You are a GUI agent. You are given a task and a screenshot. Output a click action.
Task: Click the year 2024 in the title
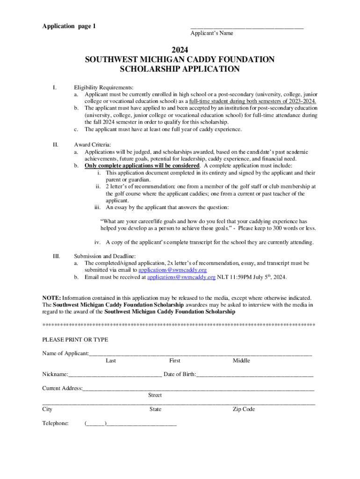pos(180,49)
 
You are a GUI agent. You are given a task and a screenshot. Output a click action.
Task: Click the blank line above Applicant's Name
pos(246,28)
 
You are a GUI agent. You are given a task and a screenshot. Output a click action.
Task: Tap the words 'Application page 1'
pos(69,26)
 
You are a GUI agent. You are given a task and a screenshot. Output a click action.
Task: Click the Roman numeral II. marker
pos(55,145)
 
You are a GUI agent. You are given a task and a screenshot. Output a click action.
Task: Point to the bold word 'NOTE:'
pos(51,298)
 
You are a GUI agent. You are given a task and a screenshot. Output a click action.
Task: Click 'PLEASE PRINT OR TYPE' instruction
pos(75,340)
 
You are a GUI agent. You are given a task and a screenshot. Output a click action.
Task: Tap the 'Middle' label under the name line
pos(241,361)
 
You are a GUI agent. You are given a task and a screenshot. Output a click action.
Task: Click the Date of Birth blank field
pos(255,375)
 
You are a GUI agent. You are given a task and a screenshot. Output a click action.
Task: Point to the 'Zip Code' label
pos(244,409)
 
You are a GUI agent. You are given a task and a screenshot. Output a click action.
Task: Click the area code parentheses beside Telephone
pos(95,424)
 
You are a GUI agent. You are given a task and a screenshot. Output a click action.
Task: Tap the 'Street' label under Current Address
pos(155,395)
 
